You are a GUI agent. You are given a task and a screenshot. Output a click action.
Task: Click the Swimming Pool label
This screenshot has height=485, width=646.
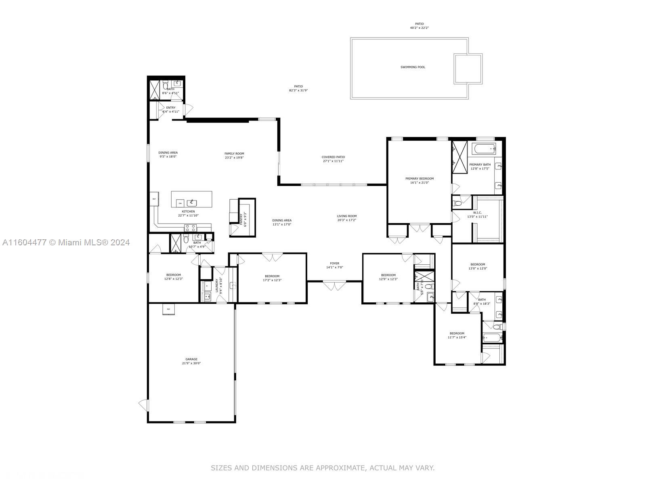point(413,67)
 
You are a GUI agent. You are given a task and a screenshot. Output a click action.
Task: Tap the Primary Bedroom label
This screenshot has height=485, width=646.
point(419,179)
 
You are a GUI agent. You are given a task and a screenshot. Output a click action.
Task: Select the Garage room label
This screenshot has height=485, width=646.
point(191,359)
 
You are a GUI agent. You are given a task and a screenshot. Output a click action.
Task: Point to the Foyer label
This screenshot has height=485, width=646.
point(334,264)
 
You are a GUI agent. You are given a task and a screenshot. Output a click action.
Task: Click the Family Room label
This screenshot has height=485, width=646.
point(234,154)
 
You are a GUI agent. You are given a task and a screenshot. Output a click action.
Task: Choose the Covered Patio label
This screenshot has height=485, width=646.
point(333,157)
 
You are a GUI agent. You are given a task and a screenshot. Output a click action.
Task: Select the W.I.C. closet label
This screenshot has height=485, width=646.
point(478,213)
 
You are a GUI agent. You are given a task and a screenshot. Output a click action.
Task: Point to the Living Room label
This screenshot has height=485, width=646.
point(346,216)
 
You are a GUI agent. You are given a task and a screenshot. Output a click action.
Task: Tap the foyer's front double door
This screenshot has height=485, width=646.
point(334,286)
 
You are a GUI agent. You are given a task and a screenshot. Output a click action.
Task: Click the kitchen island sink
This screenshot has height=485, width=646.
point(192,203)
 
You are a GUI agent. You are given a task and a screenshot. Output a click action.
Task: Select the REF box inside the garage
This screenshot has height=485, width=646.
point(169,309)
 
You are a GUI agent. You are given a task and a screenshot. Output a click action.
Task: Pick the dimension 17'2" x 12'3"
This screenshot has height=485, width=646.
point(272,280)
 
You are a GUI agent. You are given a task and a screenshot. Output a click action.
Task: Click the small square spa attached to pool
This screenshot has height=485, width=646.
point(468,69)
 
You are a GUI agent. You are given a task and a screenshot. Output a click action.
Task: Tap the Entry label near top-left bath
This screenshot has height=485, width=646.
point(171,108)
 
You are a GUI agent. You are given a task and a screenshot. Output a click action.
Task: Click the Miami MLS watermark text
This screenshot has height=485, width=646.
point(66,242)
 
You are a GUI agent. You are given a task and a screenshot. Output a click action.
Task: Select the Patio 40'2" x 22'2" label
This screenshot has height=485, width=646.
point(419,26)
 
